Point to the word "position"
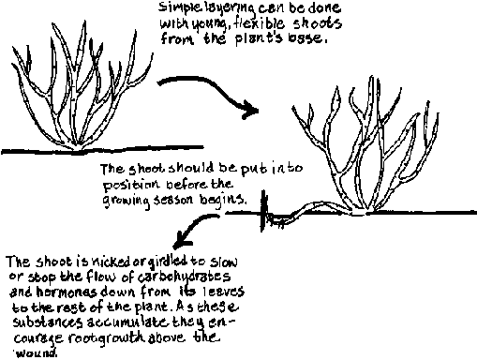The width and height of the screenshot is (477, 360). [131, 185]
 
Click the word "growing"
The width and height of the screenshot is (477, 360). [127, 201]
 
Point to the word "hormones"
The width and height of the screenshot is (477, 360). [67, 292]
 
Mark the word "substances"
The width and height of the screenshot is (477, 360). [48, 322]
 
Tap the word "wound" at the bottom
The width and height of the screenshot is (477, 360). [37, 353]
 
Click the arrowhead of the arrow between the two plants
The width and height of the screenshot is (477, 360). [250, 110]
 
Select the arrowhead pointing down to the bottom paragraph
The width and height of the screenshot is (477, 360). [182, 240]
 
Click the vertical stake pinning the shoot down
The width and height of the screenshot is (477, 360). [264, 211]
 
